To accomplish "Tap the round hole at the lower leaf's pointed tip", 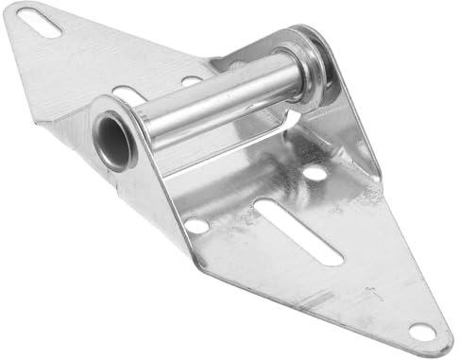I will [x=418, y=331].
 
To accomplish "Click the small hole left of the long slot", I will [x=195, y=224].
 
